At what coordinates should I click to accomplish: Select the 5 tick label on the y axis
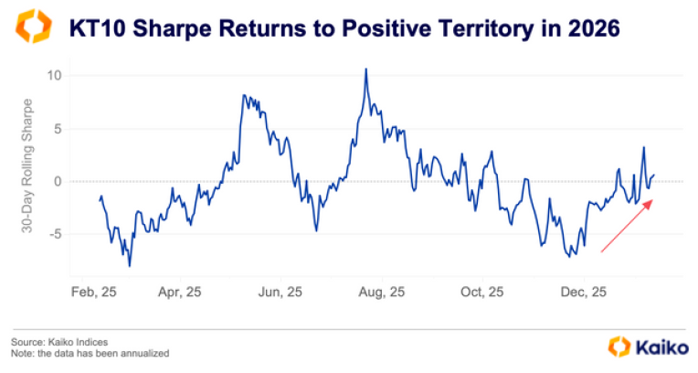58,128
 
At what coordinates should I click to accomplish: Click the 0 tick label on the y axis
58,181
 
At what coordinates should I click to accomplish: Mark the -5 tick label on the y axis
55,234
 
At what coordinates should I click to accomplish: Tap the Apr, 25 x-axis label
181,293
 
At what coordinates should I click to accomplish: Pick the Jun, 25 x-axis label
280,293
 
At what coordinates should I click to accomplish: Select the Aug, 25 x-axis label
381,293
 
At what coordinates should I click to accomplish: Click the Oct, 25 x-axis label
482,293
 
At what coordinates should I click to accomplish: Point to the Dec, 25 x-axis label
583,293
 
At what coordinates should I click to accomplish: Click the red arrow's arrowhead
650,204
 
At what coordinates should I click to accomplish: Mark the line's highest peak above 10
365,69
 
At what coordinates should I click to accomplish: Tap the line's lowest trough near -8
130,265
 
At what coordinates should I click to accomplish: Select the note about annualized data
90,353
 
